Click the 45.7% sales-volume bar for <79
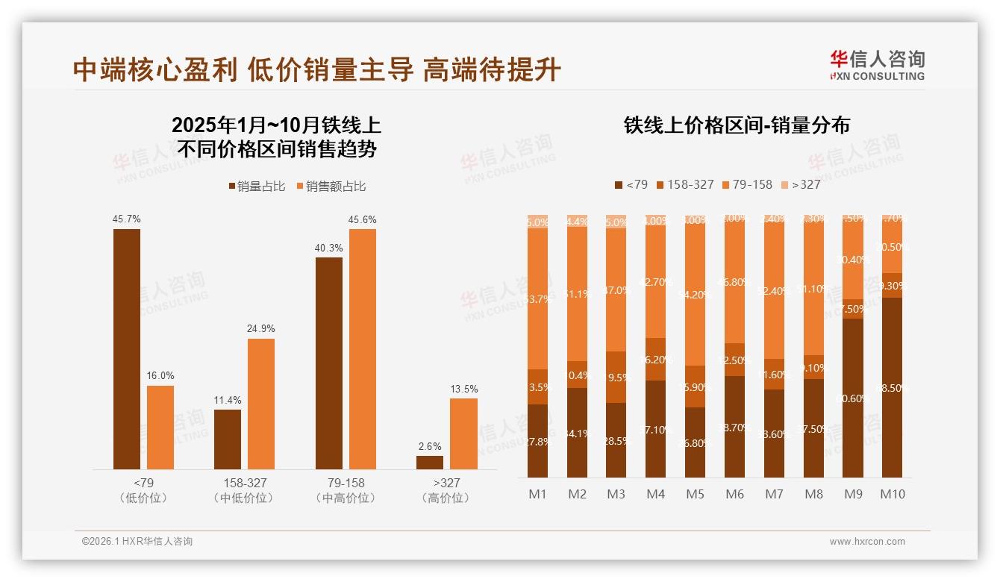point(127,348)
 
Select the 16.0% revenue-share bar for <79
point(160,427)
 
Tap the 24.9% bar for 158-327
point(261,404)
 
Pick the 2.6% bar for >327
point(430,462)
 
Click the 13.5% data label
point(463,389)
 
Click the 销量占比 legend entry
point(257,187)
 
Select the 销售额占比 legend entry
point(331,187)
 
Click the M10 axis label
point(893,494)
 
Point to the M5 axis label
point(695,494)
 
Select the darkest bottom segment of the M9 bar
point(853,398)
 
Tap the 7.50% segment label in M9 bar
point(853,309)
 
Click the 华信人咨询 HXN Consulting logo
point(877,65)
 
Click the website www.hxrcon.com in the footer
point(867,542)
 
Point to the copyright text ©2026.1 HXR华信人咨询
point(137,542)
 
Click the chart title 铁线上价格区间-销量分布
point(737,125)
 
